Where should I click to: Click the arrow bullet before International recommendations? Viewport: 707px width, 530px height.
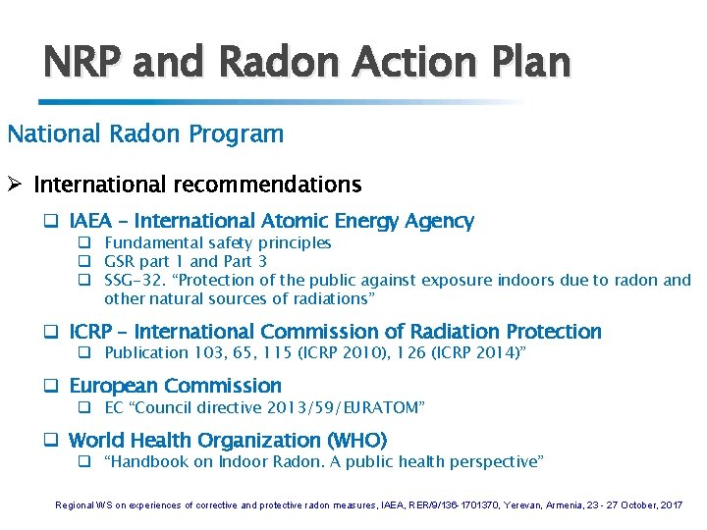(17, 185)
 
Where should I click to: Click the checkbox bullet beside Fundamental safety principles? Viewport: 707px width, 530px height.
(85, 242)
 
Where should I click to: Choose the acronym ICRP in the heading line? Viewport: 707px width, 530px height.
(91, 332)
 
